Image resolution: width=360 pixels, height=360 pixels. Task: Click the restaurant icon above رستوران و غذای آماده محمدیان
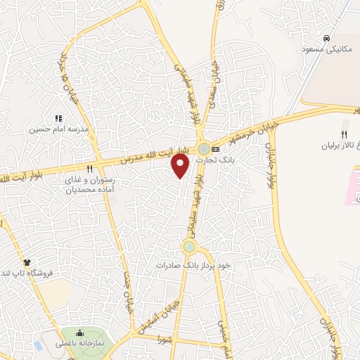tap(89, 169)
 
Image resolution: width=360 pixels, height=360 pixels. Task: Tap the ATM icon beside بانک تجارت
tap(215, 149)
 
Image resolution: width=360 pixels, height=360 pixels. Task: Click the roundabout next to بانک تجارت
tap(203, 149)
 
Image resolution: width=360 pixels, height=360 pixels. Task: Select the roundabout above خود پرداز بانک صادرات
tap(188, 247)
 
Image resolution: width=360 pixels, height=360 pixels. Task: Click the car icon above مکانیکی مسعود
tap(326, 38)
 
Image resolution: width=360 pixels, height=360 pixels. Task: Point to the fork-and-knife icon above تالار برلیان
tap(344, 134)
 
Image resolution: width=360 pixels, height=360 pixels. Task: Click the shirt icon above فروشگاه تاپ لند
tap(27, 262)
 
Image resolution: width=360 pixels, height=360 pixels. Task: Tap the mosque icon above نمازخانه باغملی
tap(79, 333)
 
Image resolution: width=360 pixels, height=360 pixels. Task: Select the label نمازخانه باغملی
tap(81, 345)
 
